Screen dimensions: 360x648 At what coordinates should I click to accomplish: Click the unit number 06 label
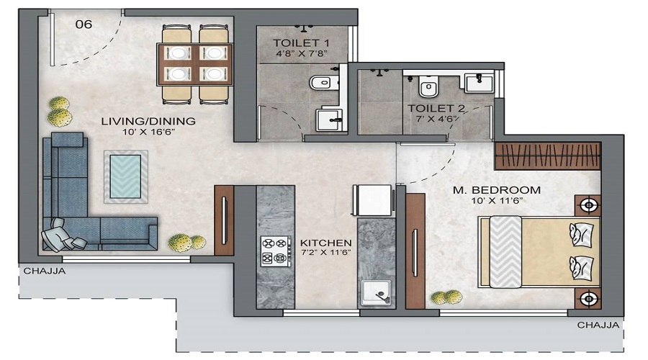click(84, 24)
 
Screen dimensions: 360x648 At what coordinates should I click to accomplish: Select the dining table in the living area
click(196, 63)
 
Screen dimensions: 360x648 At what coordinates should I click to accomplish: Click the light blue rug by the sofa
click(126, 176)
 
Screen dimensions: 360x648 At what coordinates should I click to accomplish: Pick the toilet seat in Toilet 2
click(428, 88)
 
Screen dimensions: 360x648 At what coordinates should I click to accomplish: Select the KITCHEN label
click(325, 243)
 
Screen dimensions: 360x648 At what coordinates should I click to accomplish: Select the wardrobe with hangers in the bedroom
click(547, 156)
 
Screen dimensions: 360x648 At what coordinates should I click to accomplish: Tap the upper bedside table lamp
click(588, 205)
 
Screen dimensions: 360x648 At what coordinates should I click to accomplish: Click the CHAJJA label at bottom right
click(598, 325)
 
